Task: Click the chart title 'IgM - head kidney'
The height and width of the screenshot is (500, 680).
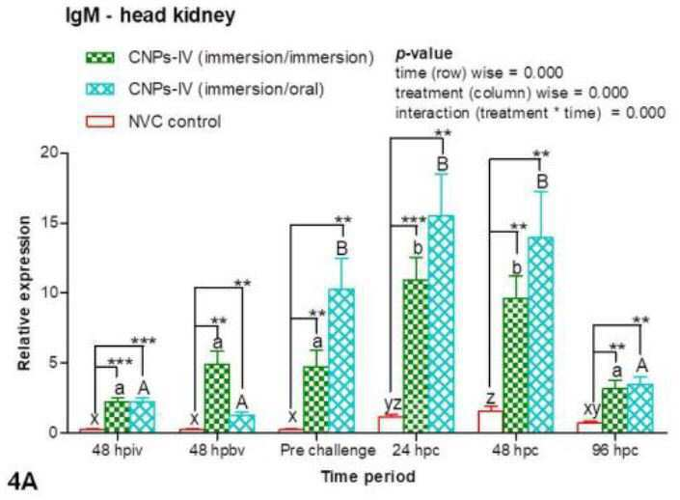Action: [150, 15]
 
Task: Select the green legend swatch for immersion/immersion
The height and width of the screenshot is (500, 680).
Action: [100, 57]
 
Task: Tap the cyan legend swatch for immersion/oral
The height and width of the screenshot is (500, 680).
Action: [100, 89]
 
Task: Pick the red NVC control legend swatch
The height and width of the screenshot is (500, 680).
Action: [100, 121]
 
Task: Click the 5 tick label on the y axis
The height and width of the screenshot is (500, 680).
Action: [53, 362]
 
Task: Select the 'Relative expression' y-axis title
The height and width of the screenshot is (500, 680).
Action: [24, 293]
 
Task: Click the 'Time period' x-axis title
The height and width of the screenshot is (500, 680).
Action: [368, 477]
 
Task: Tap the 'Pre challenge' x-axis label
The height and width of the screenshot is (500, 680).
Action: [328, 450]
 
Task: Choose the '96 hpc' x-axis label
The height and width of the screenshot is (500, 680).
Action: [615, 450]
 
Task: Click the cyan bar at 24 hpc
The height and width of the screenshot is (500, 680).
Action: [441, 323]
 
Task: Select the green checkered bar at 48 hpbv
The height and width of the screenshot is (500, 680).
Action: [217, 398]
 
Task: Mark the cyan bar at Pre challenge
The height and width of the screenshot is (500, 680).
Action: [341, 360]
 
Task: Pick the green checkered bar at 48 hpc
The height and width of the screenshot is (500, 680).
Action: [516, 365]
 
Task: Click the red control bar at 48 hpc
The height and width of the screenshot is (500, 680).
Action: [491, 422]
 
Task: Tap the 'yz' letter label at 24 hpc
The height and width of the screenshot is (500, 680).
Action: [393, 403]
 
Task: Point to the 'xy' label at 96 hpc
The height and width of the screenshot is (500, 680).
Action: [591, 408]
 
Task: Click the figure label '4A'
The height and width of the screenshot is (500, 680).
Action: [22, 483]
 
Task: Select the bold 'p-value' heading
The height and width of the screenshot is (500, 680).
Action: [423, 54]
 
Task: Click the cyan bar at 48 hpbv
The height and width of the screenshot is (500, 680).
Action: [242, 423]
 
